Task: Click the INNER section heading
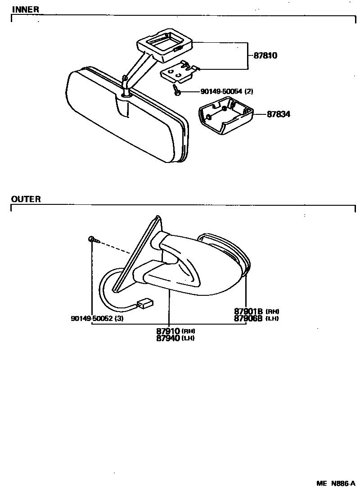click(x=25, y=9)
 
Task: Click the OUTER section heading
click(x=26, y=199)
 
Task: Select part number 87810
click(x=265, y=56)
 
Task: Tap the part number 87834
click(x=279, y=115)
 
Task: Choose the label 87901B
click(x=248, y=311)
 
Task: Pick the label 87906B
click(x=248, y=318)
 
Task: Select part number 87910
click(x=168, y=331)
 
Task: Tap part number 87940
click(x=168, y=338)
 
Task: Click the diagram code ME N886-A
click(x=335, y=484)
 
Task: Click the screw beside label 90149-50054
click(x=177, y=92)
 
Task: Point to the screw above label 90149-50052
click(x=91, y=239)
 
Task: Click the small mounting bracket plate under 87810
click(x=179, y=72)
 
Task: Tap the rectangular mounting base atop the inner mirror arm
click(x=165, y=44)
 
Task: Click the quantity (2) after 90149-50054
click(x=249, y=92)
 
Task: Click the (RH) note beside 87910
click(x=189, y=332)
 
